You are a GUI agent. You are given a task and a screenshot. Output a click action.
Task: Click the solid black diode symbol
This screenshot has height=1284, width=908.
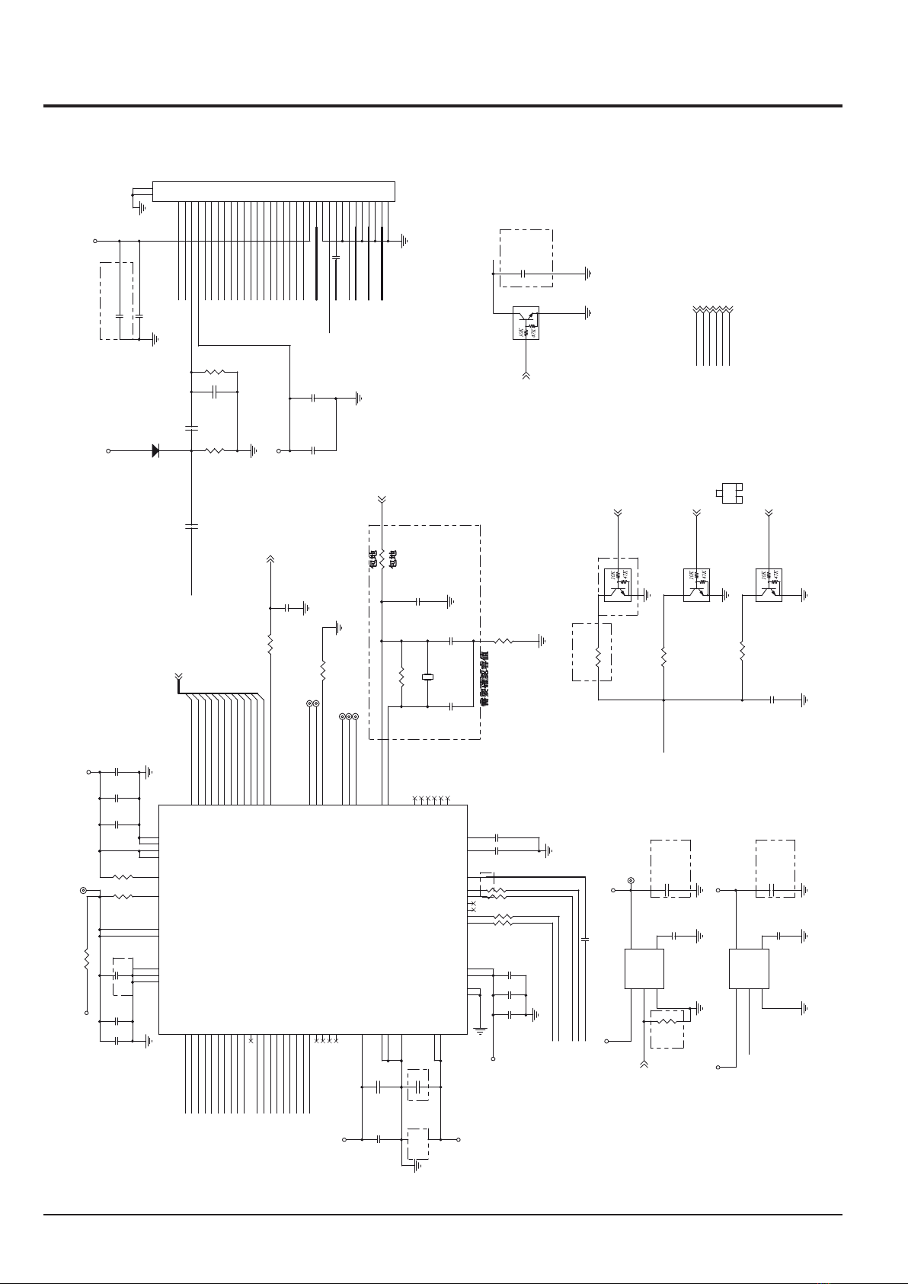tap(155, 450)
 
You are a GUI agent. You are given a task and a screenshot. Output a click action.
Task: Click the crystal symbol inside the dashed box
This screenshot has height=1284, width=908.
tap(427, 677)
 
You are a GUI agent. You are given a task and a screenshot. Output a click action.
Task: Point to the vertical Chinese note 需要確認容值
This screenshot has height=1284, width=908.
tap(485, 678)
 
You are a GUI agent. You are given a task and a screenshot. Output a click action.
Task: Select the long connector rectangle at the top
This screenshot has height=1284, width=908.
tap(273, 191)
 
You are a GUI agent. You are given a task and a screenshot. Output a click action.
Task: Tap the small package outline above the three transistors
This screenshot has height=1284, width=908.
tap(730, 492)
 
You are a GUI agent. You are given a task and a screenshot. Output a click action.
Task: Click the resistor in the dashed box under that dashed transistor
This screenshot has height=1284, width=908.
tap(599, 656)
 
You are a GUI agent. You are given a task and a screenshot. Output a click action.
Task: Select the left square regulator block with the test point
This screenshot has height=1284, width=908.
tap(644, 969)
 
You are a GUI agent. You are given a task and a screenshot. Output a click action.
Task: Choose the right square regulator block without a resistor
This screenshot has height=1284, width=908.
tap(749, 969)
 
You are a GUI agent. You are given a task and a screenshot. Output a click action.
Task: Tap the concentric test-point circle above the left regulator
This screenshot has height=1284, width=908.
tap(631, 882)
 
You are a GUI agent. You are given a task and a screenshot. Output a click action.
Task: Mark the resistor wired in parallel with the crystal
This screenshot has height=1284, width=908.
tap(401, 677)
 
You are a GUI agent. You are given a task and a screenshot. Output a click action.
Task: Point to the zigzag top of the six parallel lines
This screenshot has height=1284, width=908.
tap(713, 309)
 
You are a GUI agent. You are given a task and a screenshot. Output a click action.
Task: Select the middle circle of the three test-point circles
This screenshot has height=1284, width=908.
tap(348, 717)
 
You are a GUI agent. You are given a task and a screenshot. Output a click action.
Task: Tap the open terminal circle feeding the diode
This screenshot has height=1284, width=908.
tap(108, 450)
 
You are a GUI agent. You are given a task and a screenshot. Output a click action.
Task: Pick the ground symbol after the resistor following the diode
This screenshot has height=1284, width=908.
tap(254, 450)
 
